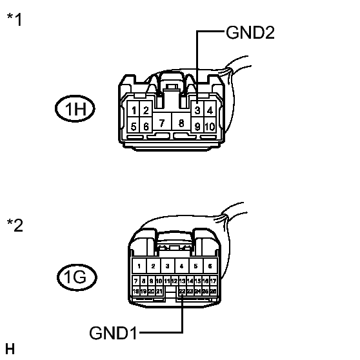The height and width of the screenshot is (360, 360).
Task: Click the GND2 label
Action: [250, 34]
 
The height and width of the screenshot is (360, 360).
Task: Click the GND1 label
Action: [114, 333]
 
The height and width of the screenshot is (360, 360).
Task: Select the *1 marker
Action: [14, 20]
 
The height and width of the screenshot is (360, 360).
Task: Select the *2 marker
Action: [14, 226]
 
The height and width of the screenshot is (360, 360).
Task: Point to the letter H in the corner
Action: [9, 350]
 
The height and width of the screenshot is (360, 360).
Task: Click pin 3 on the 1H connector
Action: [197, 110]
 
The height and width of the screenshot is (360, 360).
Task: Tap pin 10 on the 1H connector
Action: [210, 126]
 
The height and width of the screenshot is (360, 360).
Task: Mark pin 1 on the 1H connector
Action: [134, 110]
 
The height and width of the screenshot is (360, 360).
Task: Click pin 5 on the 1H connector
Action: [134, 126]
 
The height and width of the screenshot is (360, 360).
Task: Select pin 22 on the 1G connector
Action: [183, 292]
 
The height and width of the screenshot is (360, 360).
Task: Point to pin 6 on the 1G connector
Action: [210, 266]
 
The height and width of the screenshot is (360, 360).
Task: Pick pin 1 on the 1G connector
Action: [137, 266]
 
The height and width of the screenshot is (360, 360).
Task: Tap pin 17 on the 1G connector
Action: [213, 281]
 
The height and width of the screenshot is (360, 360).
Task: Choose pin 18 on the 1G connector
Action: [135, 292]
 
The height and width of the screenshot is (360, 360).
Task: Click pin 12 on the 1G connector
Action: [174, 281]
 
